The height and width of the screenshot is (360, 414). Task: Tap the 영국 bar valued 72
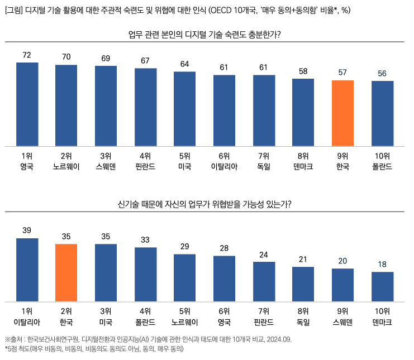tap(27, 104)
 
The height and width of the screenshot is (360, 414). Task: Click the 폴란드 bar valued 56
tap(383, 113)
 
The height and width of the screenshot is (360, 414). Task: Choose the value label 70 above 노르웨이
tap(66, 57)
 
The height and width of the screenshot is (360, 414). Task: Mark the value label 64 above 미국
tap(185, 64)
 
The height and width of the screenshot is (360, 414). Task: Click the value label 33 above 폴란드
tap(145, 240)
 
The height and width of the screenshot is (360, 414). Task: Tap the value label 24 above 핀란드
tap(264, 255)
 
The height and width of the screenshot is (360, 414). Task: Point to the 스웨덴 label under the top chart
tap(106, 166)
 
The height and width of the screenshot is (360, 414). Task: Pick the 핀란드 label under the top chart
tap(145, 166)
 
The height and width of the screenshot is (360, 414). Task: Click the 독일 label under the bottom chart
tap(303, 322)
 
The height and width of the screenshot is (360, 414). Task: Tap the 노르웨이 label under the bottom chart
tap(185, 322)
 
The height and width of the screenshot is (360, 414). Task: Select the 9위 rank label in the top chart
tap(343, 155)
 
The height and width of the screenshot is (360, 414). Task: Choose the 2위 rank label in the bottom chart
tap(66, 311)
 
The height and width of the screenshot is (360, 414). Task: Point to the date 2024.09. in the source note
tap(278, 339)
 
